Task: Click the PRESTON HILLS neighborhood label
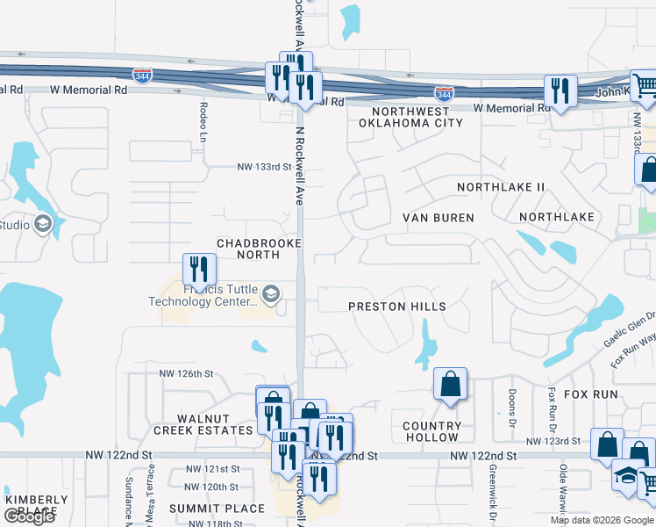(397, 307)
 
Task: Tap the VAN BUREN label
(438, 217)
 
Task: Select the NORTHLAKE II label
(501, 187)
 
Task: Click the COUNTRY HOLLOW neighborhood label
(431, 431)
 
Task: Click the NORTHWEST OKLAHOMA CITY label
(410, 118)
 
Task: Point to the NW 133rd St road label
(264, 167)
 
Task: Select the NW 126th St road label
(186, 373)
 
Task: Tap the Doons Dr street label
(510, 403)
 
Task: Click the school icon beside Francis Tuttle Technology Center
(271, 294)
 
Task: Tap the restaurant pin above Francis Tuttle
(199, 268)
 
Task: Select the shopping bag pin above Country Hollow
(450, 384)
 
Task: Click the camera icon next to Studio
(43, 225)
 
